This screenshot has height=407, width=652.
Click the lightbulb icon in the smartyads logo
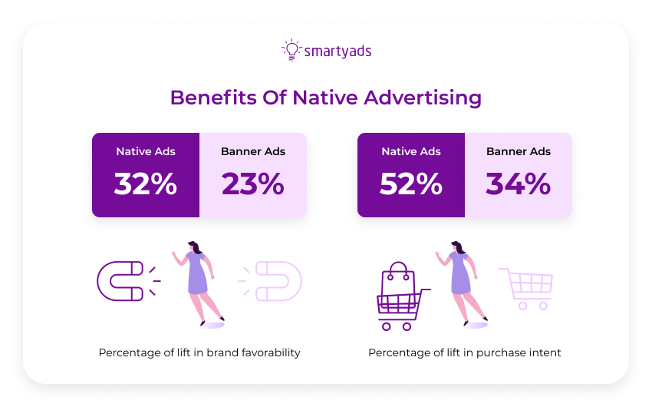(x=291, y=50)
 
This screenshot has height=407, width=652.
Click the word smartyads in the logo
(x=338, y=51)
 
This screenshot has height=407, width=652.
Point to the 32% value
(x=146, y=184)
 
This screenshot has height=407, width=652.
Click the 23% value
(x=253, y=184)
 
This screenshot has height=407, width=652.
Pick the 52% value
(x=411, y=184)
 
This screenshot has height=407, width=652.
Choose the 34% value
(x=519, y=184)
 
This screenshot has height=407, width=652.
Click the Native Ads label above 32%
(x=146, y=151)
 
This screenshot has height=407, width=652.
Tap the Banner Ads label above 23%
(x=253, y=151)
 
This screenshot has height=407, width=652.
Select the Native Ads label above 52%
(x=411, y=151)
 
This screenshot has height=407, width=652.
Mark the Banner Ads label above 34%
(x=519, y=151)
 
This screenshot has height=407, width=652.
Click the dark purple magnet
(x=120, y=281)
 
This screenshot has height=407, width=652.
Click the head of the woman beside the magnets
(x=195, y=248)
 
